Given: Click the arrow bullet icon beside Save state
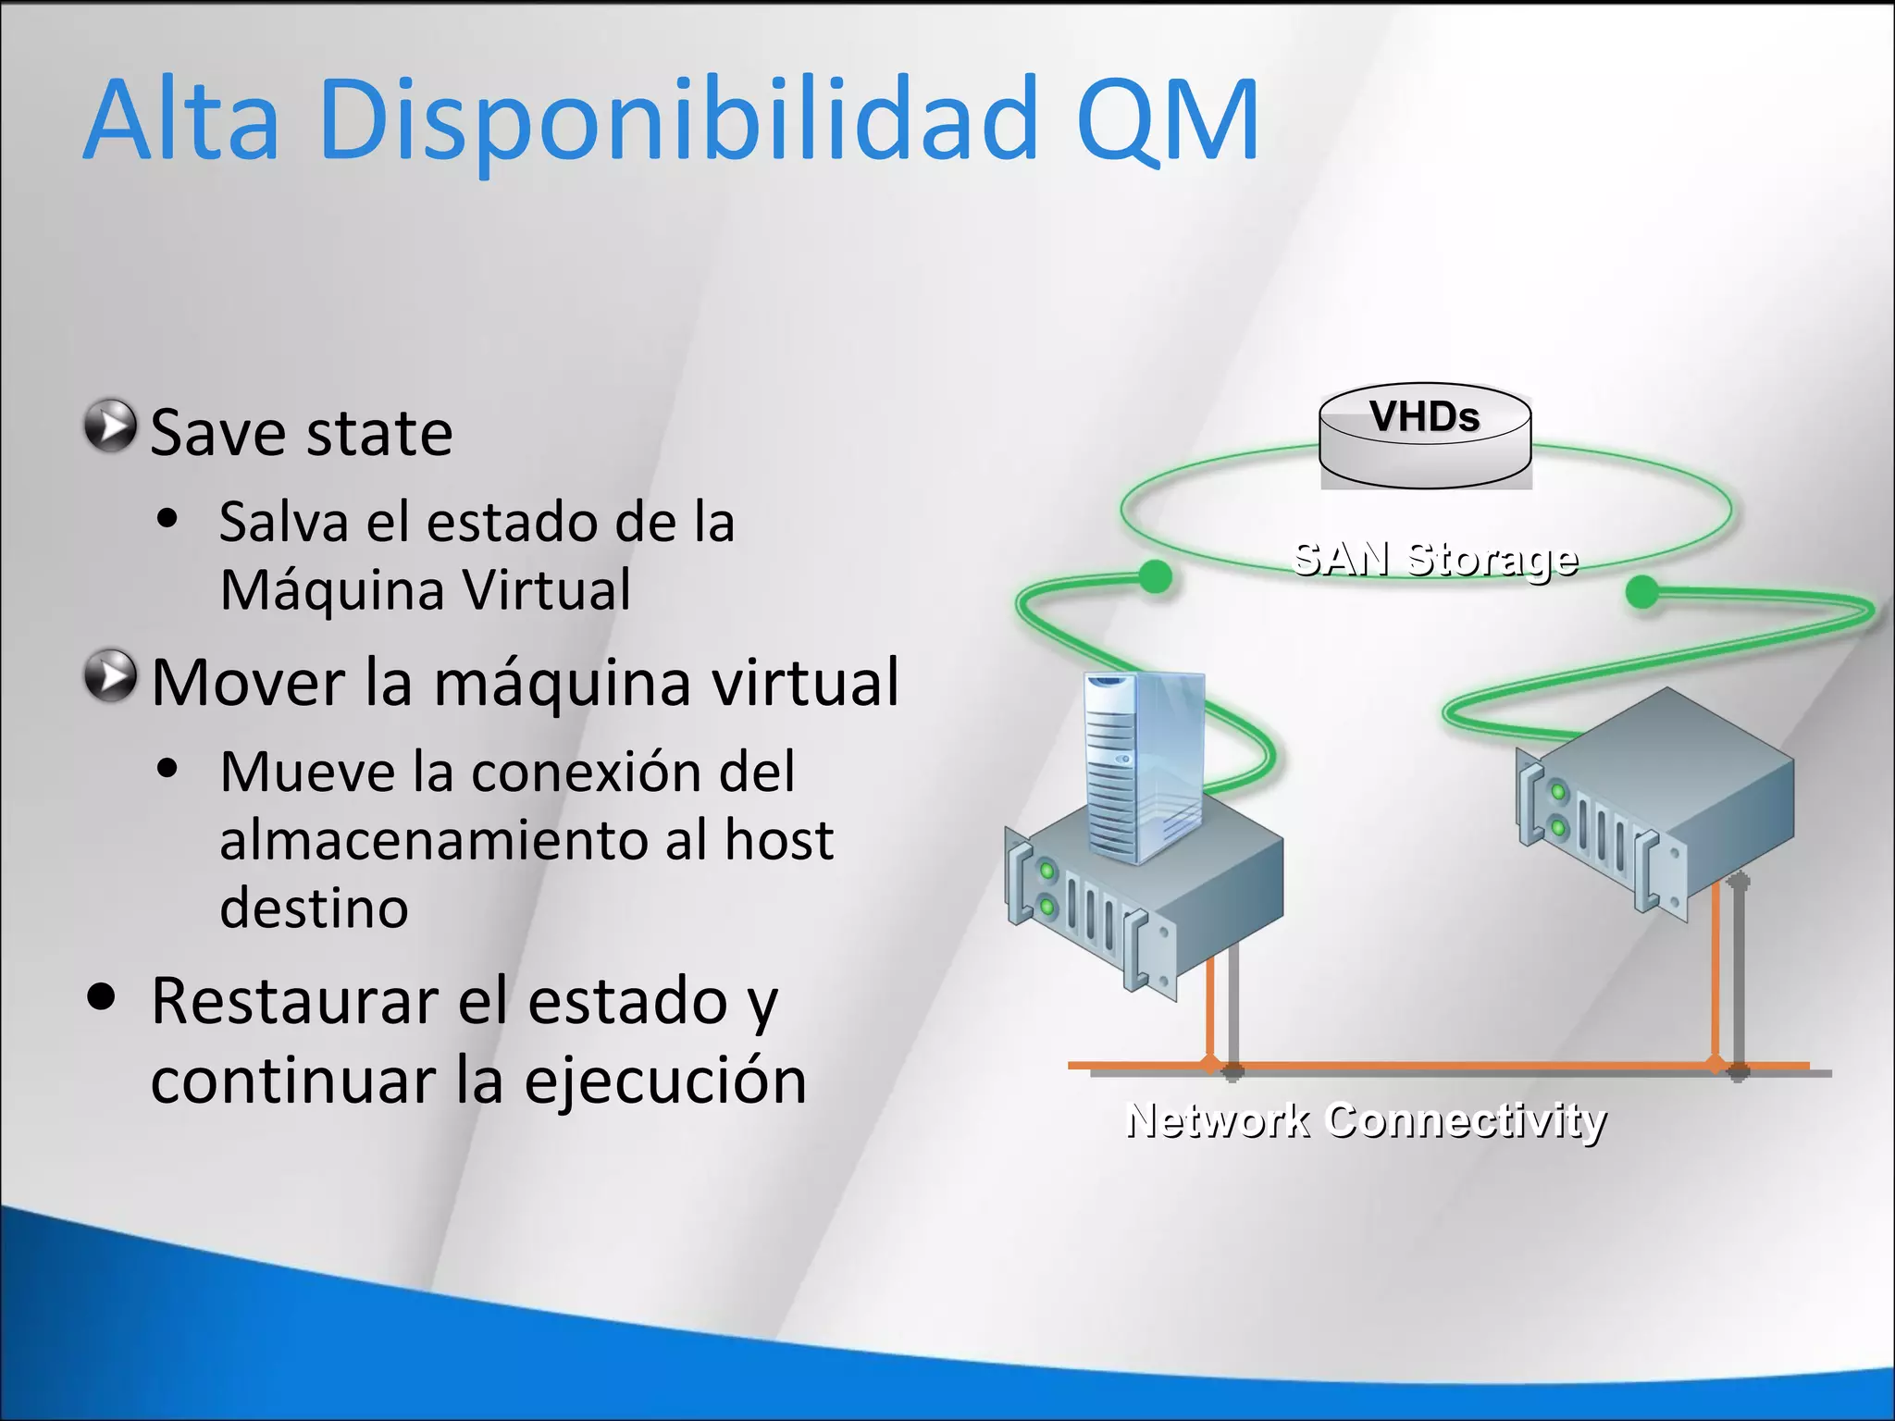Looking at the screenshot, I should pyautogui.click(x=111, y=426).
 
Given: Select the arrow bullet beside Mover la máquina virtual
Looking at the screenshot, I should pyautogui.click(x=111, y=675).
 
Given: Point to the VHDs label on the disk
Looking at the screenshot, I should pyautogui.click(x=1425, y=417).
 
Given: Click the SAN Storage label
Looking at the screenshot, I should pyautogui.click(x=1434, y=559).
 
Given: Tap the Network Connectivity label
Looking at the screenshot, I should pyautogui.click(x=1366, y=1120).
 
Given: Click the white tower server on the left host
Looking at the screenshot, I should pyautogui.click(x=1144, y=766).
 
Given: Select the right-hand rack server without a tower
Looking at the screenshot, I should pyautogui.click(x=1656, y=805).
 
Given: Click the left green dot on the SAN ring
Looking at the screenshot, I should pyautogui.click(x=1154, y=576).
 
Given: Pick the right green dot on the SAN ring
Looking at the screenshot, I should pyautogui.click(x=1642, y=592).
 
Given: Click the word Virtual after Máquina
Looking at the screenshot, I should pyautogui.click(x=547, y=590).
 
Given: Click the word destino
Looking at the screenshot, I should pyautogui.click(x=314, y=908).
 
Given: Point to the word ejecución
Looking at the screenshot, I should pyautogui.click(x=665, y=1081).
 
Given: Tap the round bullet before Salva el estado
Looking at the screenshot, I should pyautogui.click(x=167, y=519).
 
